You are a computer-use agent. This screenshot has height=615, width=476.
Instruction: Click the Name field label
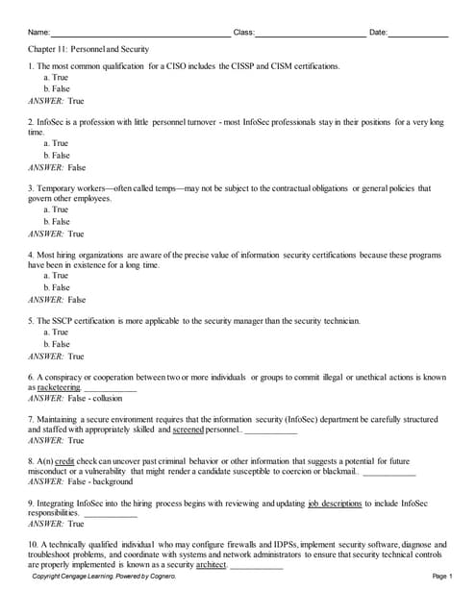pyautogui.click(x=38, y=33)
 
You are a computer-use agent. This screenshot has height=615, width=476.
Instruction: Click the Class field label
pyautogui.click(x=243, y=33)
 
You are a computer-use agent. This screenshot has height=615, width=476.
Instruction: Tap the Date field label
pyautogui.click(x=378, y=33)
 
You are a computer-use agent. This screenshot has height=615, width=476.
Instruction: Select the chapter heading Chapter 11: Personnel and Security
pyautogui.click(x=88, y=48)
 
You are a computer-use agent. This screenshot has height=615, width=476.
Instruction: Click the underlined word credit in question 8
pyautogui.click(x=64, y=461)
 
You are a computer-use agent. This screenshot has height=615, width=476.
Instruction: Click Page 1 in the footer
pyautogui.click(x=442, y=576)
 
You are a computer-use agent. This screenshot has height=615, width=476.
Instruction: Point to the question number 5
pyautogui.click(x=31, y=321)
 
